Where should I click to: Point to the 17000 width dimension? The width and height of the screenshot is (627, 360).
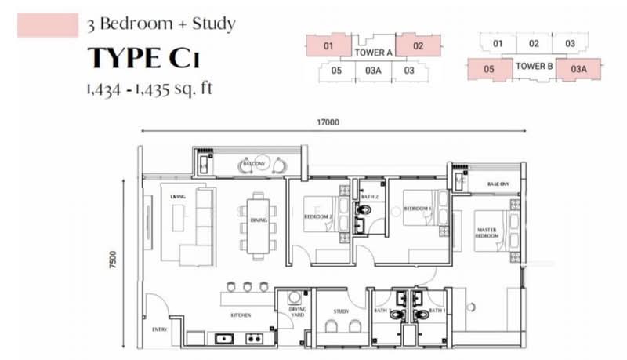(328, 122)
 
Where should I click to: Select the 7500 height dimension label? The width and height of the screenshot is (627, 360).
(114, 261)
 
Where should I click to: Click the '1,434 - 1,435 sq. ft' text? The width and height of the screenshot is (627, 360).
(150, 89)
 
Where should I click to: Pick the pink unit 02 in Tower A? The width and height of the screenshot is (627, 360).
(418, 46)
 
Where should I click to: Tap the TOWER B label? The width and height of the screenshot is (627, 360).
(535, 67)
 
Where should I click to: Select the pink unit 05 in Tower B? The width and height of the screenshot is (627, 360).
(488, 69)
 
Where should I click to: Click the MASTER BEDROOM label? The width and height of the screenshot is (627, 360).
(487, 233)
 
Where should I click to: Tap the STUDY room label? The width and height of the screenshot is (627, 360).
(341, 311)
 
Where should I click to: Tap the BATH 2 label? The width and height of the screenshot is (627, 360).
(369, 196)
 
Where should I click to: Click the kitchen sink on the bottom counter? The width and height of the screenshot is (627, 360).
(223, 339)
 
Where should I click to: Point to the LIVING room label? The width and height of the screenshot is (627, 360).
(177, 196)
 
